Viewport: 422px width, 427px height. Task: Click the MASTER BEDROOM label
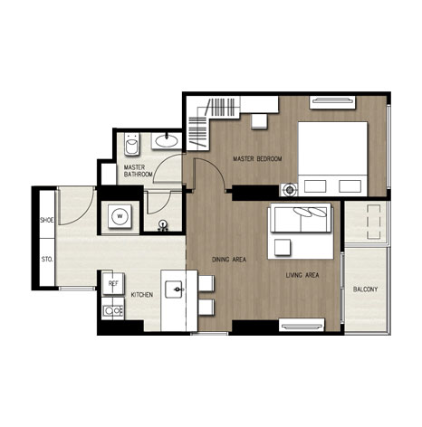(x=257, y=158)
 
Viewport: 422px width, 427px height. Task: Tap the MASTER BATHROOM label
(x=138, y=171)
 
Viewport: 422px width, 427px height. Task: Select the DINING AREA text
(x=229, y=260)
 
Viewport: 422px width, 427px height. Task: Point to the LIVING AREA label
(x=302, y=275)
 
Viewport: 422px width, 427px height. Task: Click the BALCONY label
(x=365, y=289)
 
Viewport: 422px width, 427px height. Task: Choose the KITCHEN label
(x=142, y=295)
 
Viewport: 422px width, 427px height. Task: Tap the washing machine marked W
(x=120, y=216)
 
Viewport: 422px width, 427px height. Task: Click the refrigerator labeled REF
(x=113, y=283)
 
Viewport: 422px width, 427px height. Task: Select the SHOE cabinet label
(x=47, y=220)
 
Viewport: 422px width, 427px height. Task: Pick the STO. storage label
(x=47, y=259)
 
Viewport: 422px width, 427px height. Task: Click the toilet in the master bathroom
(x=132, y=144)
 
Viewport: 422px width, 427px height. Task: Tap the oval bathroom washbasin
(x=167, y=141)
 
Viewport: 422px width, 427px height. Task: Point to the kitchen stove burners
(x=113, y=310)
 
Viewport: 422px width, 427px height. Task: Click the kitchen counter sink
(x=174, y=289)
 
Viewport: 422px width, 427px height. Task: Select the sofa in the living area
(x=301, y=218)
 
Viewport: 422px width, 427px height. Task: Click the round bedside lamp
(x=290, y=190)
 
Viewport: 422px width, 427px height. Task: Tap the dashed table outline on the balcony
(x=373, y=222)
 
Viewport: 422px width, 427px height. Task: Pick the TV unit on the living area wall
(x=302, y=325)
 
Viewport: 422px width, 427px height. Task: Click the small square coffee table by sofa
(x=283, y=247)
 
